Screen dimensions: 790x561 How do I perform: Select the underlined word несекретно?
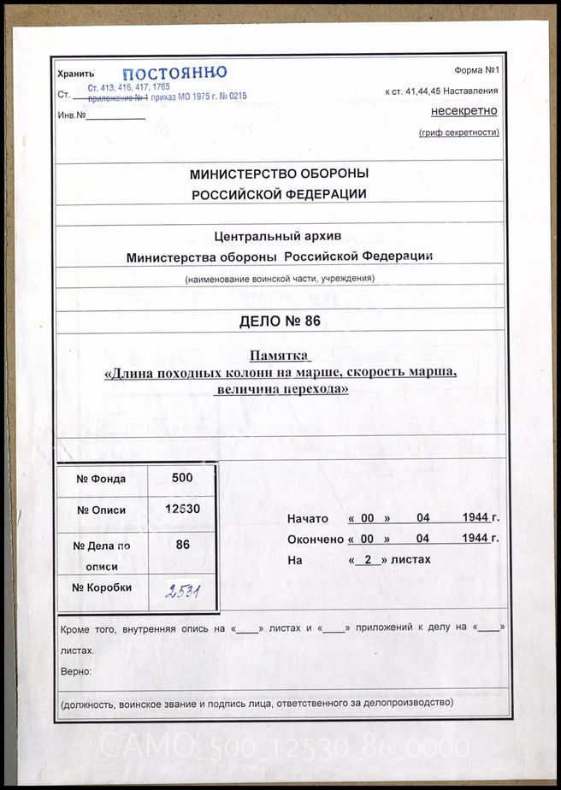[464, 111]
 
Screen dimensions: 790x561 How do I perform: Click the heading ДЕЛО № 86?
[279, 321]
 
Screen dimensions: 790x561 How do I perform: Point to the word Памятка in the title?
[279, 356]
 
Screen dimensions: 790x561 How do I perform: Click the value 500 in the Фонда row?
[182, 479]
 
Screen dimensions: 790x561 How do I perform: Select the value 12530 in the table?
[182, 510]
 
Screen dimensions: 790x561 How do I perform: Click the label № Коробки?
[102, 587]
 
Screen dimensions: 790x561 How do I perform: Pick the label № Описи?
[102, 510]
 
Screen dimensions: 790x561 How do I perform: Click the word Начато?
[308, 519]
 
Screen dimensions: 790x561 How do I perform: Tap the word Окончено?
[315, 539]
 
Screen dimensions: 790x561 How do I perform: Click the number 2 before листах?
[367, 560]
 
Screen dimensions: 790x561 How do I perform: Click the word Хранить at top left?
[75, 75]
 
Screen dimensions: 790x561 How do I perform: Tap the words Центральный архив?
[279, 238]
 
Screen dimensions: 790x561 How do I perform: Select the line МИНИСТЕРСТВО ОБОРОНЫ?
[279, 174]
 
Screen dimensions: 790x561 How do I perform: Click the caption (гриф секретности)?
[459, 133]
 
